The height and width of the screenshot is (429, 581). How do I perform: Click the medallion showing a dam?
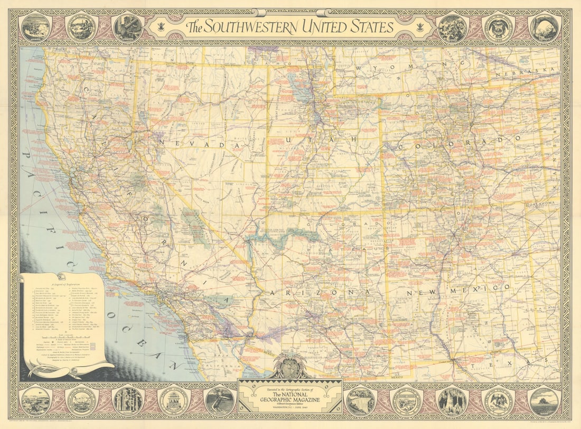(361, 401)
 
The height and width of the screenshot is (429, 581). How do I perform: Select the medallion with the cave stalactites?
(453, 401)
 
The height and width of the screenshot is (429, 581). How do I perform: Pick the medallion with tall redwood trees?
(127, 401)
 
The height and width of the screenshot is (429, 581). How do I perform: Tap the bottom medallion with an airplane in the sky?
(35, 401)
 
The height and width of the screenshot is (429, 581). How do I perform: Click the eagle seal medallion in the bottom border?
(498, 401)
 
